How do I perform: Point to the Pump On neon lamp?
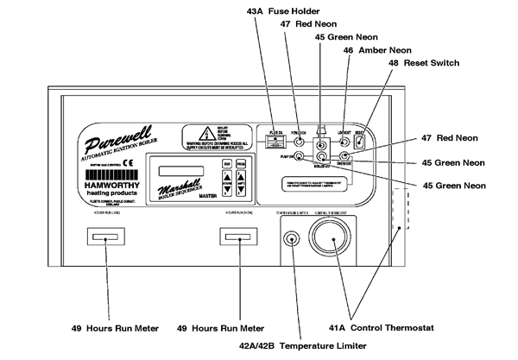298,156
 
